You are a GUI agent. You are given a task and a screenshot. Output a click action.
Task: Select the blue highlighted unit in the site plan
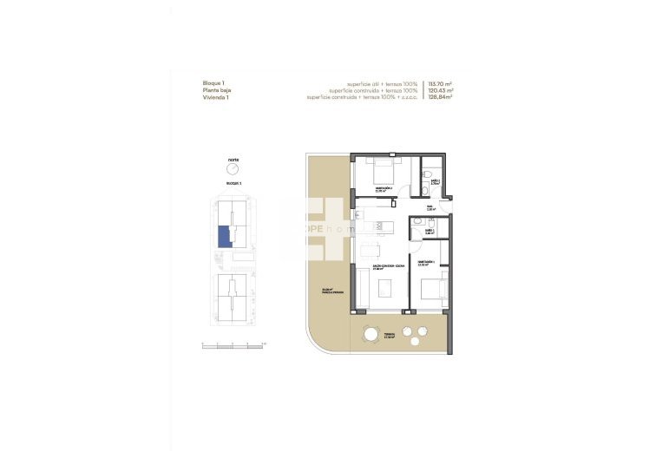point(224,236)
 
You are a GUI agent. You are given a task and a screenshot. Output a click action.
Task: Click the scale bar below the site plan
point(233,344)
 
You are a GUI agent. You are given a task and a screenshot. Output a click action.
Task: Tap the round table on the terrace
point(371,334)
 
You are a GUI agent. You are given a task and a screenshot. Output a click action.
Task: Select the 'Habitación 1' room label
point(427,262)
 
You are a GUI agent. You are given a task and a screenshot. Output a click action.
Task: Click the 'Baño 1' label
point(429,231)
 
